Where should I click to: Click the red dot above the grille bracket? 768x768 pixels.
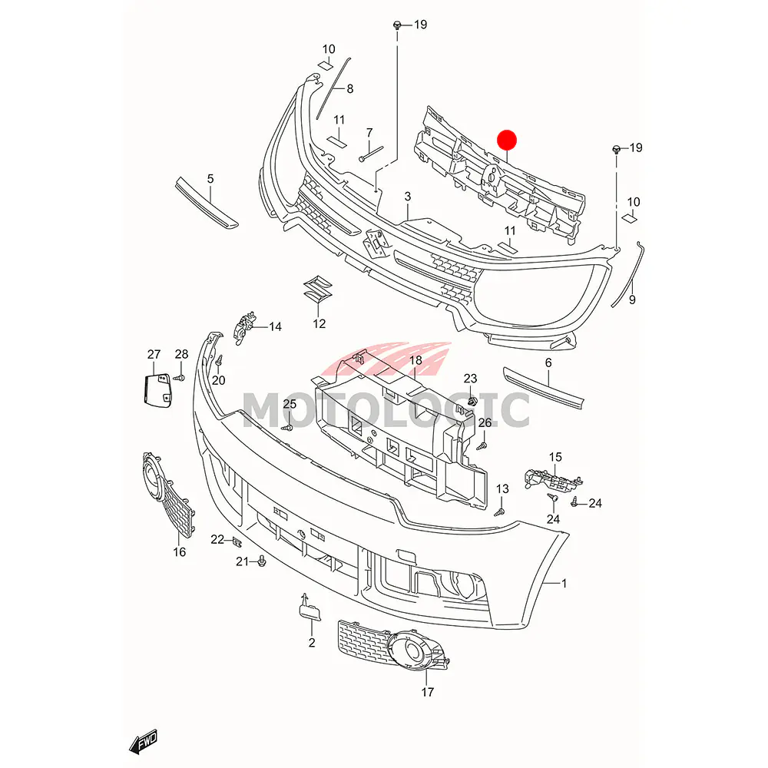(507, 140)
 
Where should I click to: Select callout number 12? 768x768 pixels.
(319, 324)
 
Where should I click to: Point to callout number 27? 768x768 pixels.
(154, 355)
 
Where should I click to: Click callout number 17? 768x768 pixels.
(428, 692)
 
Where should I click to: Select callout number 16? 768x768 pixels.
(180, 551)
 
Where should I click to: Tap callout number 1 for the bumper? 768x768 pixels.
(564, 584)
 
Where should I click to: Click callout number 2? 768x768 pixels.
(312, 642)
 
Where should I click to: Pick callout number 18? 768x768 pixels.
(415, 361)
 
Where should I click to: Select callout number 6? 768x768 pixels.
(548, 362)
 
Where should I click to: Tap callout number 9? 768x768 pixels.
(632, 300)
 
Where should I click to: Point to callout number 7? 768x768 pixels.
(369, 132)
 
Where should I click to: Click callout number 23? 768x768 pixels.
(470, 378)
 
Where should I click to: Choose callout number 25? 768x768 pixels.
(290, 404)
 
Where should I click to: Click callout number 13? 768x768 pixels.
(502, 488)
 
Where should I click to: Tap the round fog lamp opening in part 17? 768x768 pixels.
(415, 653)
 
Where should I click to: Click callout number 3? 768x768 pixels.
(408, 197)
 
